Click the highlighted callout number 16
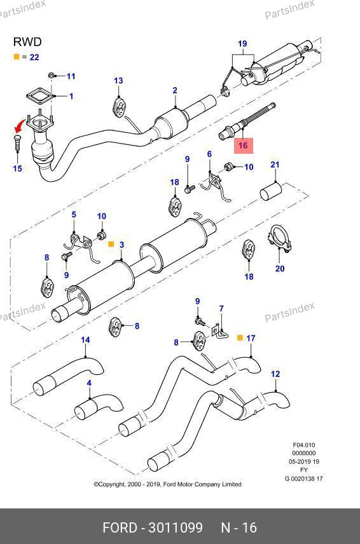(243, 145)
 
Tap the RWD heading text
(27, 42)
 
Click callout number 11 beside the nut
(71, 76)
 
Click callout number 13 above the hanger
(118, 81)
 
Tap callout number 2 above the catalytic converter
(175, 90)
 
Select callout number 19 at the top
(242, 44)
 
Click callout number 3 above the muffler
(121, 245)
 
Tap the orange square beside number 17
(240, 337)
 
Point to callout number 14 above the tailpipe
(85, 339)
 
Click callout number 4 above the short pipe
(89, 383)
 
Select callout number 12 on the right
(275, 374)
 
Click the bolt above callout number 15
(17, 143)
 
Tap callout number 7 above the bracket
(221, 308)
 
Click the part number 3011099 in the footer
(176, 527)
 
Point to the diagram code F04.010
(304, 445)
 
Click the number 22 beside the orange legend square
(34, 57)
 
